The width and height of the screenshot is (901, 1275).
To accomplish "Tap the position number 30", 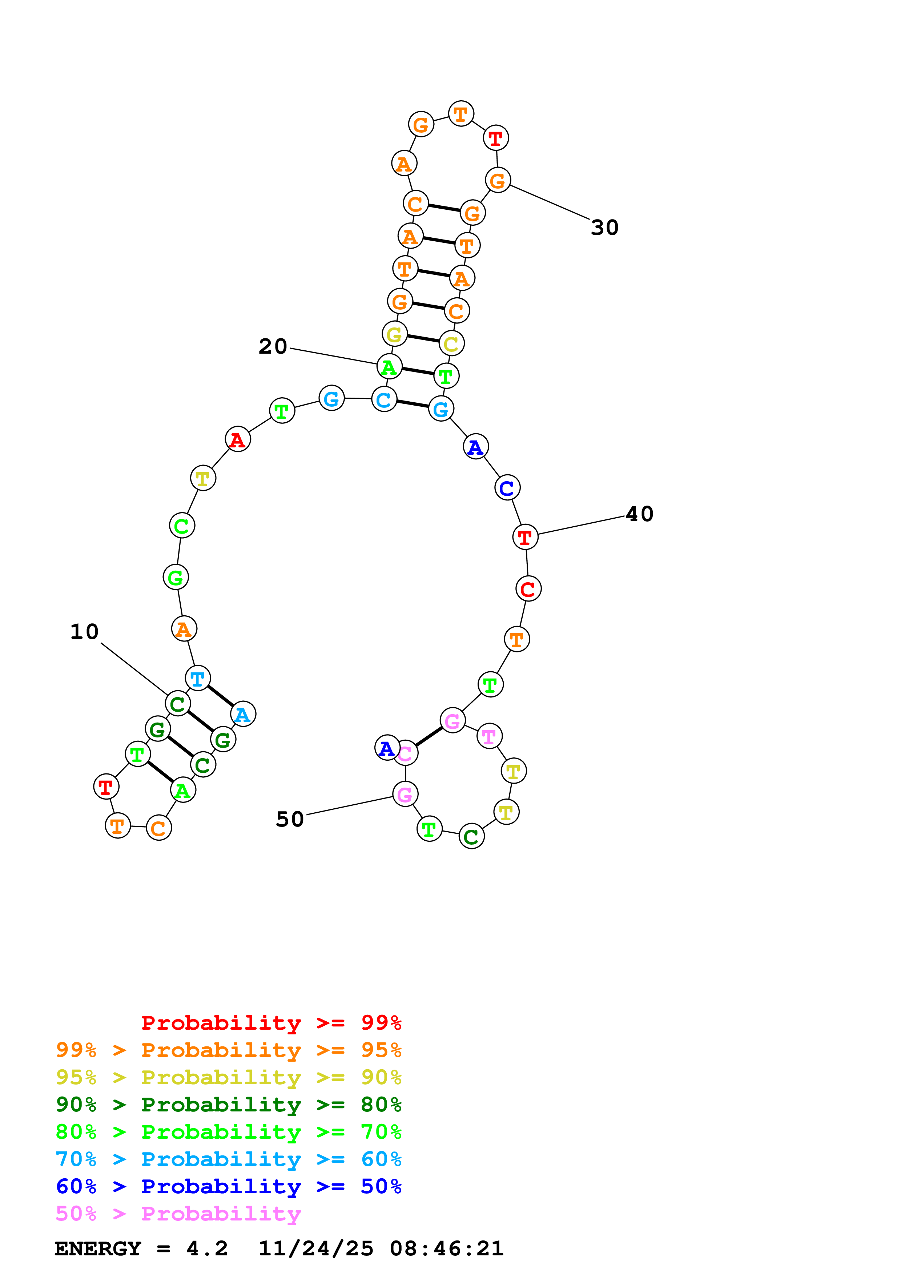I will pos(604,227).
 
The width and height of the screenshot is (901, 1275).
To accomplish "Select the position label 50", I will pos(290,819).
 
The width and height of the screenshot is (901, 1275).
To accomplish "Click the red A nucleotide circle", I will pos(238,439).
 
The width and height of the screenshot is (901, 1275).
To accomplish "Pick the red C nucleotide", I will pos(528,589).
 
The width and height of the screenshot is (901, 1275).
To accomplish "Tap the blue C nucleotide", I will pos(507,487).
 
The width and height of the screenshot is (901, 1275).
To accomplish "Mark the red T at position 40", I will pos(524,537).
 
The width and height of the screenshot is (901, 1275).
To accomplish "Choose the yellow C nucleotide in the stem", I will pos(451,344).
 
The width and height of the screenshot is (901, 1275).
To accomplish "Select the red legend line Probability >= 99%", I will pos(271,1022).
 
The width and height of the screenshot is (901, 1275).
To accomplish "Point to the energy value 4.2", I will pos(206,1248).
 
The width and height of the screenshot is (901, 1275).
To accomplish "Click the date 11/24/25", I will pos(316,1248).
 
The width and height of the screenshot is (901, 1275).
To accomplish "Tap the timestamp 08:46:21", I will pos(446,1248).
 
